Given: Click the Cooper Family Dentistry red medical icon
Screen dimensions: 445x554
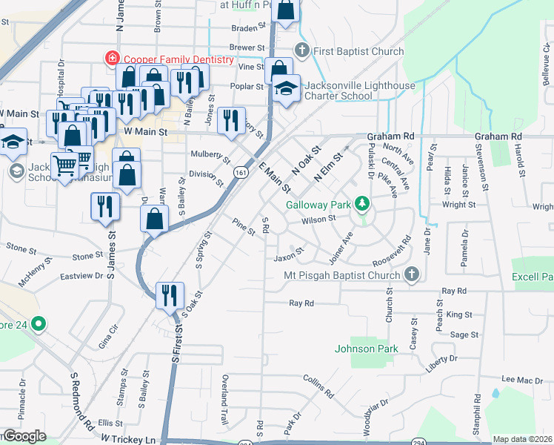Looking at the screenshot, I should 113,57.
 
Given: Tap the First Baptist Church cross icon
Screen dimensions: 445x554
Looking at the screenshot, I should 301,51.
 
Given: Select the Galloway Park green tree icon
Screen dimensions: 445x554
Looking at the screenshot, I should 361,202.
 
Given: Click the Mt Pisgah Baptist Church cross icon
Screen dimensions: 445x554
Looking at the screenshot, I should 412,275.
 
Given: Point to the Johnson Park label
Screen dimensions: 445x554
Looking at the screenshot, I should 366,349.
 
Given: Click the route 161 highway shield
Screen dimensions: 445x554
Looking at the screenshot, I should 240,171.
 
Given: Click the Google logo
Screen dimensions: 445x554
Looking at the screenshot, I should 24,436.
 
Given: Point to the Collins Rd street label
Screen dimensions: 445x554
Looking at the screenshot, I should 319,383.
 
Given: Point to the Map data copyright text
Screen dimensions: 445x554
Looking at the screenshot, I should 523,440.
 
